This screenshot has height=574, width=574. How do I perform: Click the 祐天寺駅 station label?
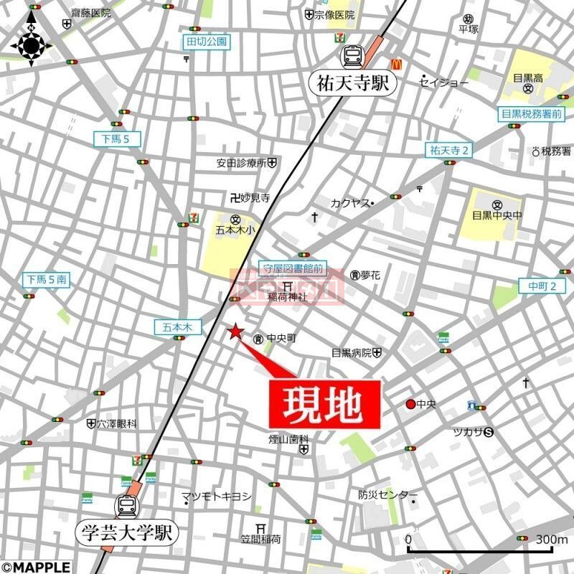pyautogui.click(x=353, y=84)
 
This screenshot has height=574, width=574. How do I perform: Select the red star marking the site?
pyautogui.click(x=234, y=331)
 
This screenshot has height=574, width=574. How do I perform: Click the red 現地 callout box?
pyautogui.click(x=324, y=404)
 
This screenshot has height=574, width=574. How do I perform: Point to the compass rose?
pyautogui.click(x=32, y=45)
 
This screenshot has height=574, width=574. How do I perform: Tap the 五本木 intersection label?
pyautogui.click(x=174, y=326)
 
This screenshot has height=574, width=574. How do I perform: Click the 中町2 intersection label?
pyautogui.click(x=547, y=286)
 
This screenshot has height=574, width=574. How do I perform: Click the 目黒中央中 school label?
pyautogui.click(x=497, y=214)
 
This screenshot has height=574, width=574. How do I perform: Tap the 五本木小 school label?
pyautogui.click(x=235, y=230)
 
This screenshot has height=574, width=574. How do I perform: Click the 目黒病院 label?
pyautogui.click(x=352, y=353)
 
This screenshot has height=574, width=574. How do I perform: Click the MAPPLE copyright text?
pyautogui.click(x=36, y=567)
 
